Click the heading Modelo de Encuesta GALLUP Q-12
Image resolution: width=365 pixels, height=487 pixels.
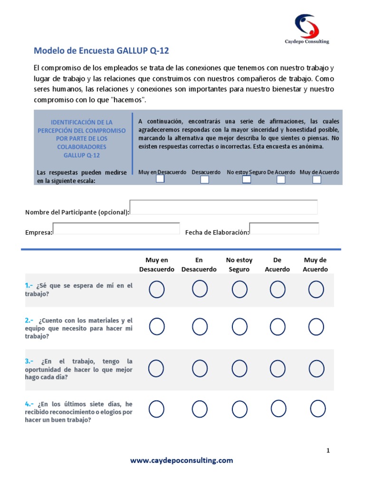click(101, 51)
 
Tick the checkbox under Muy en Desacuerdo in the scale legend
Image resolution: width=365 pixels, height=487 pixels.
click(160, 179)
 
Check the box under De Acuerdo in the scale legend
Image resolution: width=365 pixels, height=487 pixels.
click(281, 179)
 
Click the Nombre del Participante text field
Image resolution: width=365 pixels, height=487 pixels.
click(223, 207)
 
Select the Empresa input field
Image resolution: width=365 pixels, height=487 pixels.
click(116, 228)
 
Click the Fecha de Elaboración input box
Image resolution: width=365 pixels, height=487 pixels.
click(284, 228)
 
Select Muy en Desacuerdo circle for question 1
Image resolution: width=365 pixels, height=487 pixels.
click(157, 289)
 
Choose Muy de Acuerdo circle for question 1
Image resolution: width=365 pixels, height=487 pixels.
click(316, 289)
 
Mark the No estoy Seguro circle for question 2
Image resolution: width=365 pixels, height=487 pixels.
click(240, 327)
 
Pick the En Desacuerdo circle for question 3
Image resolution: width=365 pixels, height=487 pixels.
click(200, 368)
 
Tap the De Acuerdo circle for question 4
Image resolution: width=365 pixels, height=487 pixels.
click(279, 408)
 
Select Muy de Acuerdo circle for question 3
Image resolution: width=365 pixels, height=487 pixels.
click(316, 368)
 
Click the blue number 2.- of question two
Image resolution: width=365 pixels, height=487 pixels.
click(29, 321)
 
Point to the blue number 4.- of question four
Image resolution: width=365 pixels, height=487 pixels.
click(29, 404)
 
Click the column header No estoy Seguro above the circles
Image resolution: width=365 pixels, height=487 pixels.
click(239, 264)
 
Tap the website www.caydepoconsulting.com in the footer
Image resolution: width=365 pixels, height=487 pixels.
click(182, 460)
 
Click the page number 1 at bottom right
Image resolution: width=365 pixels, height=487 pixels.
click(328, 450)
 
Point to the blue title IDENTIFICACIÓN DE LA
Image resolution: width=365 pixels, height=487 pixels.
click(81, 122)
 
